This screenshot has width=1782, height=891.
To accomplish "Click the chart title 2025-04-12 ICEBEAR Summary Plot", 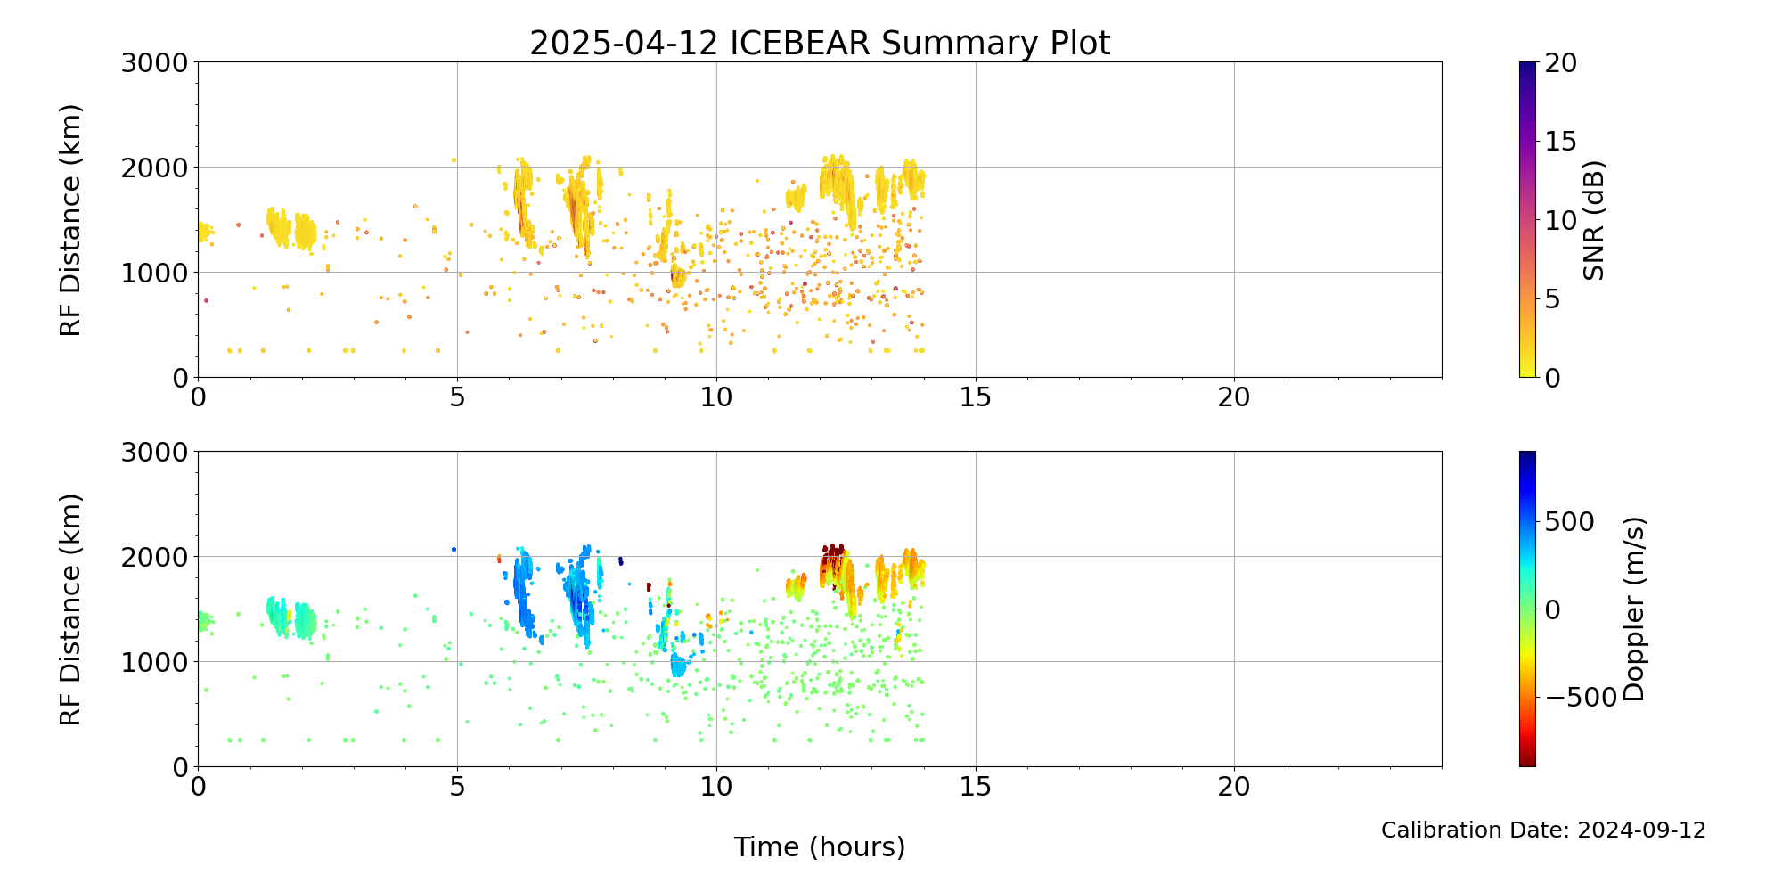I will pyautogui.click(x=820, y=43).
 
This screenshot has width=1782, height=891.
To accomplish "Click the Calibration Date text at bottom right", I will pyautogui.click(x=1543, y=830).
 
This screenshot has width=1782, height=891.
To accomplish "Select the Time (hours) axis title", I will pyautogui.click(x=820, y=846).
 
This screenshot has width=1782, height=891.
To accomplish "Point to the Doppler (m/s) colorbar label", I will pyautogui.click(x=1633, y=609).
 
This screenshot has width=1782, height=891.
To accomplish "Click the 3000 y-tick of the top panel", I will pyautogui.click(x=156, y=62).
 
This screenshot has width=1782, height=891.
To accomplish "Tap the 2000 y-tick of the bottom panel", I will pyautogui.click(x=156, y=557).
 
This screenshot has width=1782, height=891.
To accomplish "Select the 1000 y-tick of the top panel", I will pyautogui.click(x=156, y=273).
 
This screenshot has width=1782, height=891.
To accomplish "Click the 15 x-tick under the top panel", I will pyautogui.click(x=976, y=397).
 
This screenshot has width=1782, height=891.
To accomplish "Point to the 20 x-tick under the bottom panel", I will pyautogui.click(x=1234, y=787).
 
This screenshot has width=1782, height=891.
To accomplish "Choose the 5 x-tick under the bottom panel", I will pyautogui.click(x=457, y=787).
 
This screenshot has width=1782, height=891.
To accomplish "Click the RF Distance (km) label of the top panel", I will pyautogui.click(x=70, y=220).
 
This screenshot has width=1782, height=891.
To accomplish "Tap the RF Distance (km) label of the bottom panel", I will pyautogui.click(x=70, y=609).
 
